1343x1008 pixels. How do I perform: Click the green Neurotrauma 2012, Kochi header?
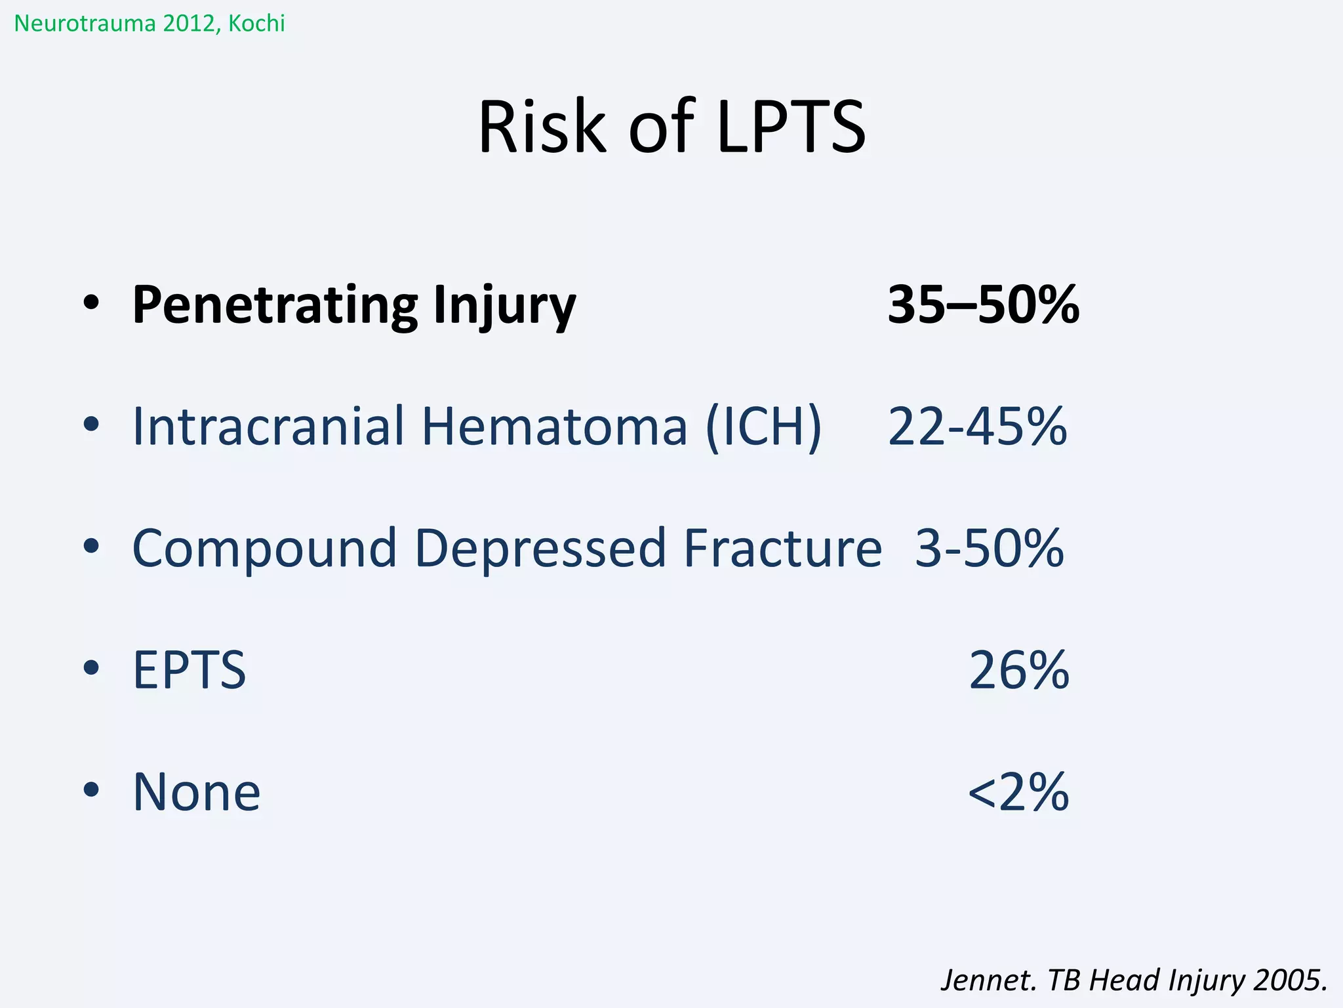coord(150,24)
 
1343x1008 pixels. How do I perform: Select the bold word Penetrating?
coord(275,305)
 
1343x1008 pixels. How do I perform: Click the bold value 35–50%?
coord(983,305)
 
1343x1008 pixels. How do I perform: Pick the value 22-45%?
coord(977,427)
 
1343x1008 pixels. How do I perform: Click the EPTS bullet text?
coord(190,670)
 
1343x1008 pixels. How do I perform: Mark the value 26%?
coord(1019,670)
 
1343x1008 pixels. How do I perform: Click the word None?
coord(197,792)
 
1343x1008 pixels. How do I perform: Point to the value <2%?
coord(1018,792)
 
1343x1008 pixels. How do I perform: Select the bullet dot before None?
coord(91,789)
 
